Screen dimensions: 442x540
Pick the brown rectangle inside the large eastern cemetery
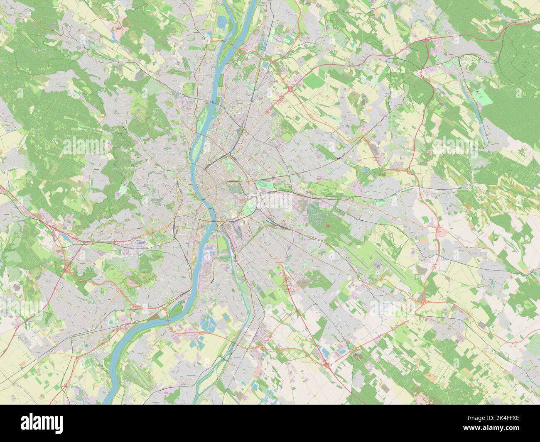click(329, 225)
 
